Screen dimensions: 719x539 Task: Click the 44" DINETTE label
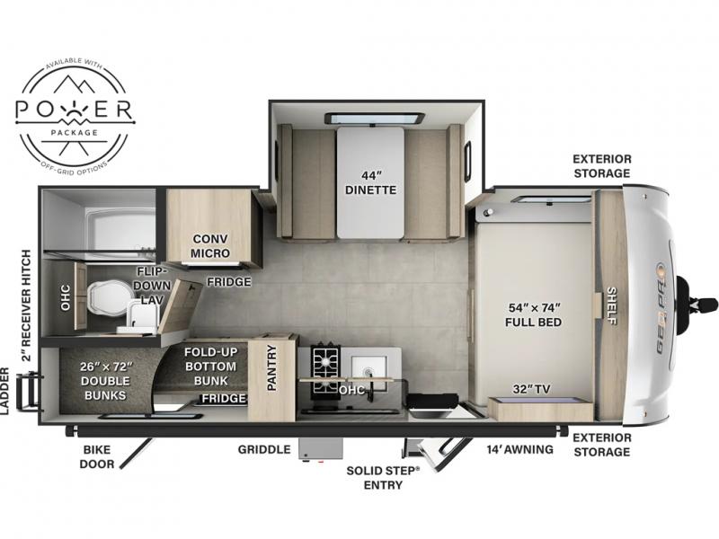pos(370,182)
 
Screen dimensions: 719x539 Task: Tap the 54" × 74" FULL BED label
pos(533,315)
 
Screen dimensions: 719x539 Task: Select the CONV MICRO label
pos(210,246)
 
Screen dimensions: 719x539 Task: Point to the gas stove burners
pos(326,371)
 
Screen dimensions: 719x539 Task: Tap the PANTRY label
pos(272,368)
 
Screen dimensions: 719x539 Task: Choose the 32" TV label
pos(531,389)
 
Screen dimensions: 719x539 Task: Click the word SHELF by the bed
pos(611,305)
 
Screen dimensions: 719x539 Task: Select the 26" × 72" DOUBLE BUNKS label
pos(105,381)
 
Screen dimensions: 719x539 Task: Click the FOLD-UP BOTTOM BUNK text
pos(210,367)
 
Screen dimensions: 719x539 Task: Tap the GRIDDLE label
pos(264,450)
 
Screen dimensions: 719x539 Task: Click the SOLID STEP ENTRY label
pos(383,478)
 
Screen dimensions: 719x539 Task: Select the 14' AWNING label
pos(520,450)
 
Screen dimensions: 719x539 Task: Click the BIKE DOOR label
pos(97,457)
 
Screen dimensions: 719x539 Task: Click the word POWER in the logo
pos(74,109)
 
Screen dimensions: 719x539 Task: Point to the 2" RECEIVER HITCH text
pos(27,305)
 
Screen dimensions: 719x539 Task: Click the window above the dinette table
pos(374,119)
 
